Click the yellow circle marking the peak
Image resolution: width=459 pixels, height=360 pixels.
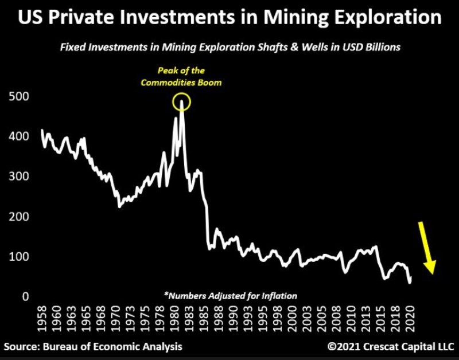click(x=181, y=103)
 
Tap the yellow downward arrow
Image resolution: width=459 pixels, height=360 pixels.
click(x=426, y=247)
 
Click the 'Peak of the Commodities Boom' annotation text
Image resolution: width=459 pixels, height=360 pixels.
click(x=182, y=77)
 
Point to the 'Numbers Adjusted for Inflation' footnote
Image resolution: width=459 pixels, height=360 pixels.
click(x=231, y=296)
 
